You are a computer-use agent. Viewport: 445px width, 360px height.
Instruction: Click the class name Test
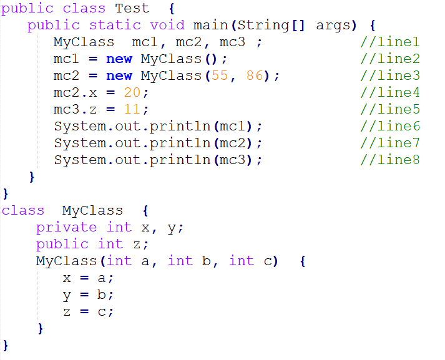pos(132,8)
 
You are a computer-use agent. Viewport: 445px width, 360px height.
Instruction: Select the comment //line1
pos(390,42)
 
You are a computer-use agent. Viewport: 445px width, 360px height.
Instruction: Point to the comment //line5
pos(390,110)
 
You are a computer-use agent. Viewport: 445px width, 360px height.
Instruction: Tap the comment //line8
pos(390,160)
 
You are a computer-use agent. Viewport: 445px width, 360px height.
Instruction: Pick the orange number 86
pos(253,76)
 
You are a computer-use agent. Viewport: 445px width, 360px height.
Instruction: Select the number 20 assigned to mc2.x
pos(132,93)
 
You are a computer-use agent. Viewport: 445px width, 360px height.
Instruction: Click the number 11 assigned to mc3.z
pos(132,110)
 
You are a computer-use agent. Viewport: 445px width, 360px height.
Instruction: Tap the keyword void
pos(167,26)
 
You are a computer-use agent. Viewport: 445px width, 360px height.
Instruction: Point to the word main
pos(210,26)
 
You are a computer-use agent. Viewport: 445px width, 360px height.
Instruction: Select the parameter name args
pos(333,26)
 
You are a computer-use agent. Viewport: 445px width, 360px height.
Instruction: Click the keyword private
pos(66,228)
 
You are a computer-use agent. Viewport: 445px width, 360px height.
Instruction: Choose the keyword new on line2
pos(119,59)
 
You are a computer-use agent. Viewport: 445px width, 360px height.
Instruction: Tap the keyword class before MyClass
pos(23,211)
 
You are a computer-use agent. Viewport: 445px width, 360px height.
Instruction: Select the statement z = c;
pos(89,311)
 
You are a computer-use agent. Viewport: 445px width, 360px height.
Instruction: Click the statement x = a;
pos(89,278)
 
